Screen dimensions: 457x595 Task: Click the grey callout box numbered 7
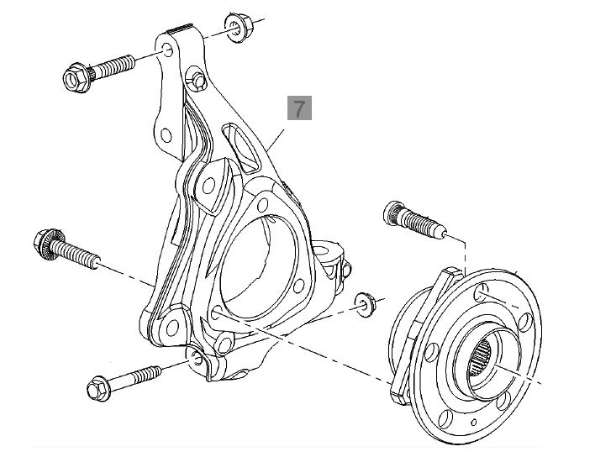click(300, 108)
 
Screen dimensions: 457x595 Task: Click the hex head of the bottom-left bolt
click(97, 388)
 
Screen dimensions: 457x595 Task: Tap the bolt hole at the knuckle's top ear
click(168, 53)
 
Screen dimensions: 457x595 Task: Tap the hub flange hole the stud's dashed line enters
click(479, 293)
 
